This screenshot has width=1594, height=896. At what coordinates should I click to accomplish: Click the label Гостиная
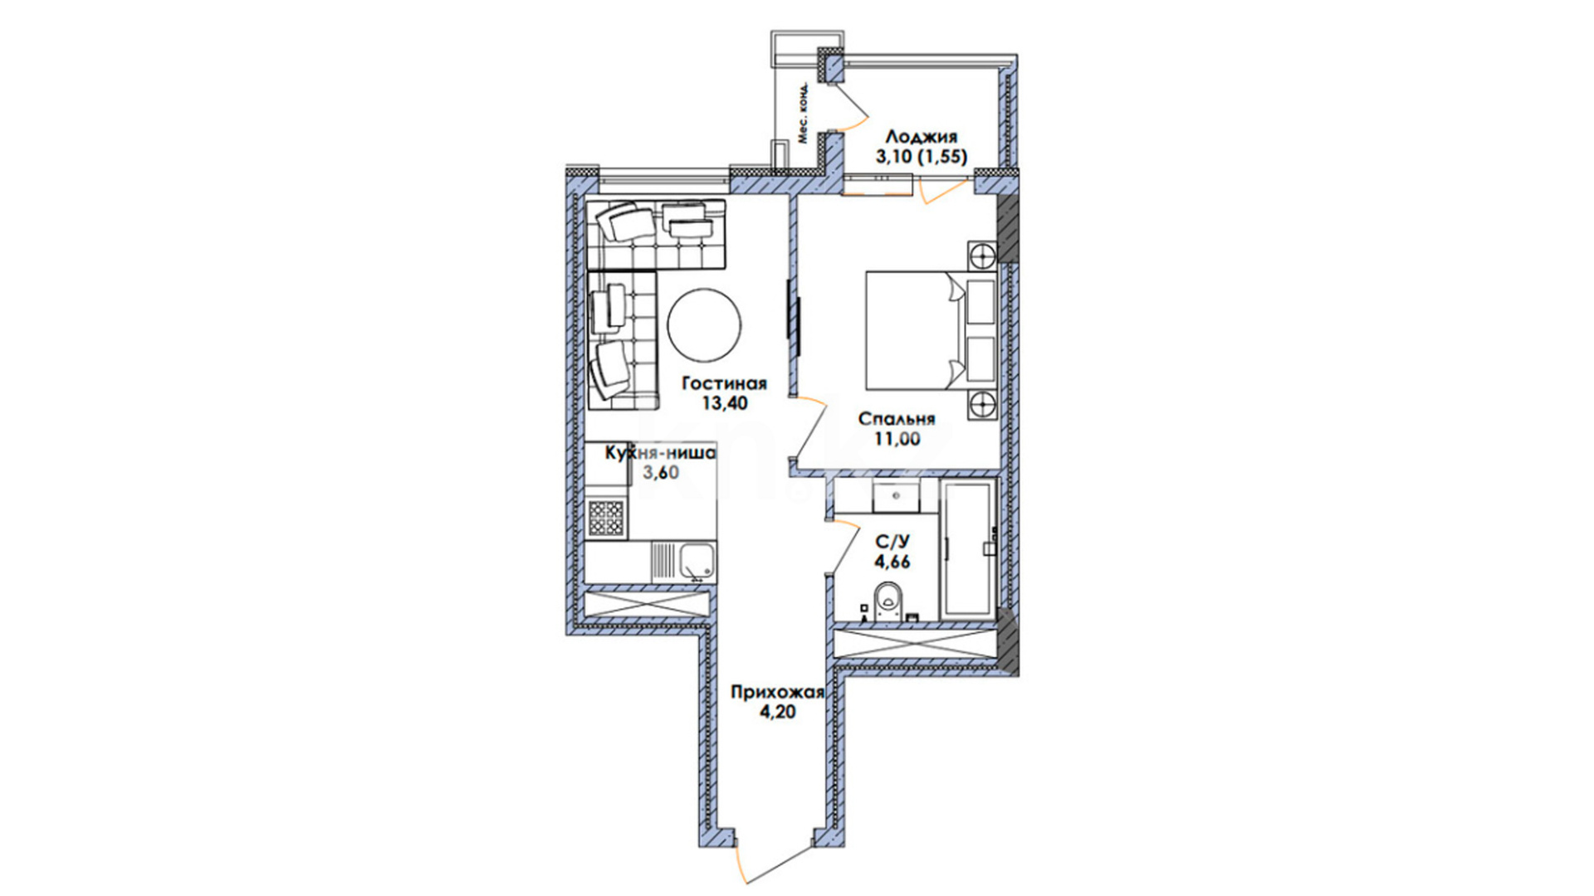click(724, 384)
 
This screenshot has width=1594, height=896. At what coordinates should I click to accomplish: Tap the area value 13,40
click(724, 404)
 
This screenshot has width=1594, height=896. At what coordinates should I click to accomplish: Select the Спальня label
click(897, 419)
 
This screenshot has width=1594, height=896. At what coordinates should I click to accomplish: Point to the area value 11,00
click(897, 440)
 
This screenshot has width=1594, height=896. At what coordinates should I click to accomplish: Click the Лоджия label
click(922, 136)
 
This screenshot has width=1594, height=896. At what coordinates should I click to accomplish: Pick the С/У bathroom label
click(892, 542)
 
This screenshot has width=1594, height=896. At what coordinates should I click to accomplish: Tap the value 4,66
click(892, 562)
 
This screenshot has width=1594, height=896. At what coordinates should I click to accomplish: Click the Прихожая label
click(777, 692)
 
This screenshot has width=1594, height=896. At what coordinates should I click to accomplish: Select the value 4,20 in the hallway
click(777, 712)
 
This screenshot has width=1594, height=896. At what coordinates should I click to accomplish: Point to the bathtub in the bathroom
click(968, 548)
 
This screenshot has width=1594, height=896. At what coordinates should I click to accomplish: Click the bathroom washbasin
click(895, 495)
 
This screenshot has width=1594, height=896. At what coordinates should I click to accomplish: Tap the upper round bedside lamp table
click(983, 254)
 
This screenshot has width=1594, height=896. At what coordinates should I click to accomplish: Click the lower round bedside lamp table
click(983, 405)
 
